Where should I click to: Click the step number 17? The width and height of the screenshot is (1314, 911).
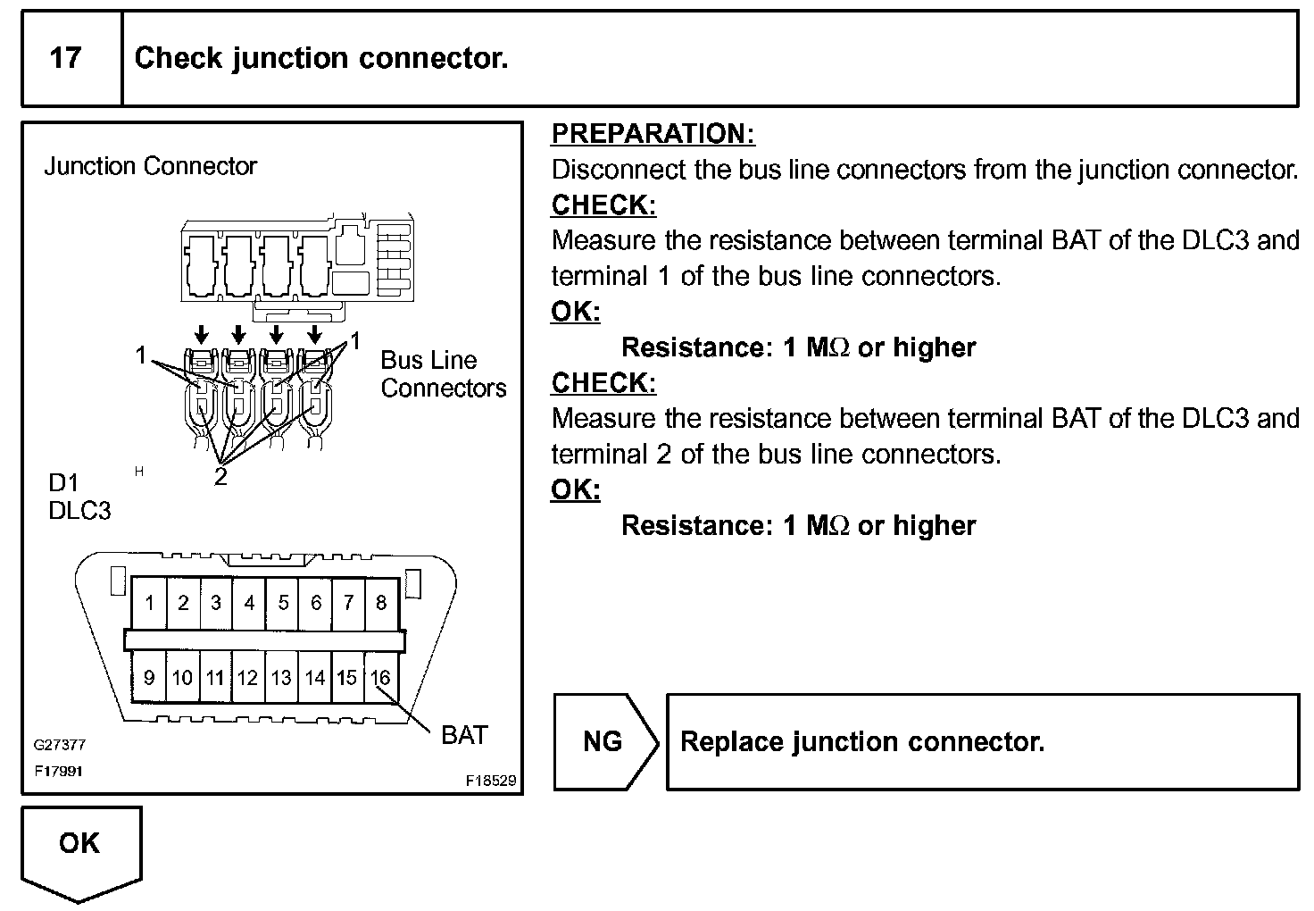coord(65,58)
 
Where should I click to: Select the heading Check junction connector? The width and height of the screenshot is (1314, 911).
coord(321,58)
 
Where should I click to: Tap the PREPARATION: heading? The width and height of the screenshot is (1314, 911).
coord(653,134)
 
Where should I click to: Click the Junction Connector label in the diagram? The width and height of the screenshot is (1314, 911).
coord(150,166)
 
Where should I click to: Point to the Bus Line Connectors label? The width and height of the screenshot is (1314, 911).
coord(443,374)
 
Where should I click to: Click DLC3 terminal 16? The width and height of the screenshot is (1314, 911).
coord(380,678)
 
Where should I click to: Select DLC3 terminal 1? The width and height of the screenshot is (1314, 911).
coord(149,603)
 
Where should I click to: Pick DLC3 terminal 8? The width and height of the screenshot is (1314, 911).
coord(381,603)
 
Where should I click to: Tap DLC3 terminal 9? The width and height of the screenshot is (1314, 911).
coord(149,678)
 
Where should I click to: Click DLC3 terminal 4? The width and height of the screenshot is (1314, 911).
coord(249,603)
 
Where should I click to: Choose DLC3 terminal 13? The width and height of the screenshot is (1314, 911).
coord(281,678)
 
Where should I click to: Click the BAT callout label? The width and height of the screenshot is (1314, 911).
coord(464,735)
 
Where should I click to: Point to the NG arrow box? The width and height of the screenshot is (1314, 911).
coord(603,741)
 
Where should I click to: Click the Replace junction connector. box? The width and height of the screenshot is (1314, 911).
coord(982,741)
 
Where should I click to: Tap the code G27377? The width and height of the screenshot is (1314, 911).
coord(59,745)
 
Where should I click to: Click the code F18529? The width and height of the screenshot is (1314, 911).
coord(490,780)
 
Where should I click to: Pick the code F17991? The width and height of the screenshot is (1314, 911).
coord(59,770)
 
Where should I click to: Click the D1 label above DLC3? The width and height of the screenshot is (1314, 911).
coord(63,483)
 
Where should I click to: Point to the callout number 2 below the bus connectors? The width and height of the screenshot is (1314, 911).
coord(220,477)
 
